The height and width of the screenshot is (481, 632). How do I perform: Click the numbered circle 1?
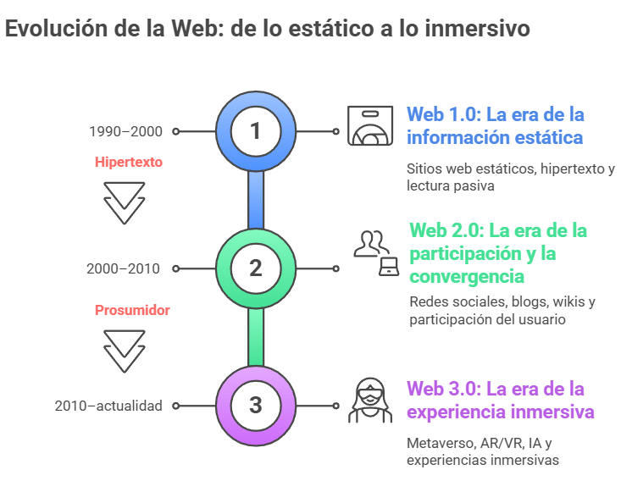[x=256, y=131]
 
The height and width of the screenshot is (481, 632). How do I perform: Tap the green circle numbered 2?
[x=256, y=268]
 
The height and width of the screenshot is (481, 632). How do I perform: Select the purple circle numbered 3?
[x=256, y=406]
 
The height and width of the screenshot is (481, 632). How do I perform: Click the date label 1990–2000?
[x=125, y=131]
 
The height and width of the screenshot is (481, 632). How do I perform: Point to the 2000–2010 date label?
[x=124, y=268]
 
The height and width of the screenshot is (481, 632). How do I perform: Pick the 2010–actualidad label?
[x=108, y=406]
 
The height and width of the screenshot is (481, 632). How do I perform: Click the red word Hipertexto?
[x=129, y=162]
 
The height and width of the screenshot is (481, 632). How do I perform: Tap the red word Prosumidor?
[x=132, y=310]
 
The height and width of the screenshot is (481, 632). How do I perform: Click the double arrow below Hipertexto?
[x=125, y=203]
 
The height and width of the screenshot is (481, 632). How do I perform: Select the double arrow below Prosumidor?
[x=125, y=351]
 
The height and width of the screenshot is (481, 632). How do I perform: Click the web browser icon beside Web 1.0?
[x=370, y=125]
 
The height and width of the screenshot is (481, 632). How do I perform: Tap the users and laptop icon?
[x=376, y=253]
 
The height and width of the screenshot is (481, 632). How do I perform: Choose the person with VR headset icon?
[x=370, y=400]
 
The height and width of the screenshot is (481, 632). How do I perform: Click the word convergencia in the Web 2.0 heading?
[x=467, y=277]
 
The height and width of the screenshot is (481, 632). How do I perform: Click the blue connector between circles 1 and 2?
[x=256, y=200]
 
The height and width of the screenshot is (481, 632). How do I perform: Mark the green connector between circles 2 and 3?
[x=256, y=337]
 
